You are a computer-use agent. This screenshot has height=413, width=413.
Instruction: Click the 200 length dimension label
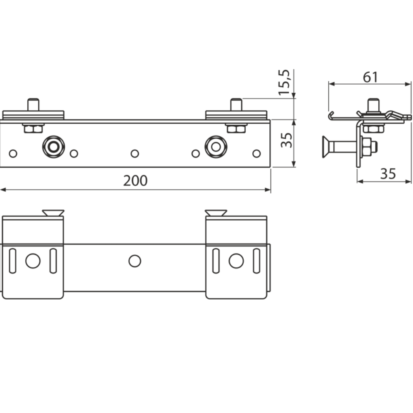(135, 181)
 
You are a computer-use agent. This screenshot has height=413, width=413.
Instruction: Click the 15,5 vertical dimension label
(285, 82)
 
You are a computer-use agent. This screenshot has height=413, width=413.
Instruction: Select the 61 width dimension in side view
(370, 77)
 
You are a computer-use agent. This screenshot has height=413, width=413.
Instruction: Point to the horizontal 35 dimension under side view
(387, 174)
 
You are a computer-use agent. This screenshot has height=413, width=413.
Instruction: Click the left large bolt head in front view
(53, 146)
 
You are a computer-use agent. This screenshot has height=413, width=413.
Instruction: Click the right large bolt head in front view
(216, 146)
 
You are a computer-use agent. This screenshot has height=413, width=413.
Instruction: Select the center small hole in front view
(135, 154)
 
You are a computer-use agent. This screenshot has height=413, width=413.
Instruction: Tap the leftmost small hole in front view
(13, 154)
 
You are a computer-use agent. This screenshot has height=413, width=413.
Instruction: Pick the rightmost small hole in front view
(256, 154)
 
